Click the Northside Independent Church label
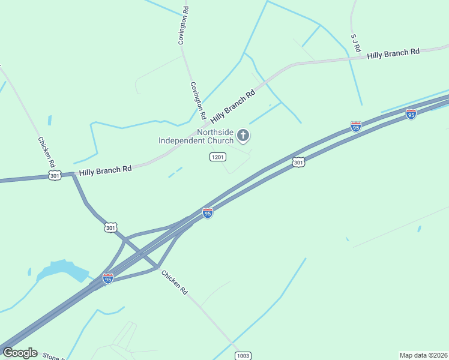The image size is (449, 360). (196, 136)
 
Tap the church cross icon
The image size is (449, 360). (243, 136)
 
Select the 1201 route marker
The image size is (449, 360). (217, 157)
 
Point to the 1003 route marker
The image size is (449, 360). (243, 355)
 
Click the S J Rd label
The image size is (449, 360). (356, 41)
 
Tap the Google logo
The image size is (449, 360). (20, 353)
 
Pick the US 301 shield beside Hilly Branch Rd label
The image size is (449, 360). (55, 175)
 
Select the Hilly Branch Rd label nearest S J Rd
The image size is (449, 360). (393, 53)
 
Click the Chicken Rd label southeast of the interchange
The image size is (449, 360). (174, 282)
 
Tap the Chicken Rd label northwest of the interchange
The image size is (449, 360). (47, 152)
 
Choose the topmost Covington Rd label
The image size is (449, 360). (183, 26)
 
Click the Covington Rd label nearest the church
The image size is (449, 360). (198, 100)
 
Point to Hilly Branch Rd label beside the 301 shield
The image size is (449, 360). (105, 170)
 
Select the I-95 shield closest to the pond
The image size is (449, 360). (108, 278)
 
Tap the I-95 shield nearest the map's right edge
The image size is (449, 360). (411, 113)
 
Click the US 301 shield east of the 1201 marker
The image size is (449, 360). (298, 162)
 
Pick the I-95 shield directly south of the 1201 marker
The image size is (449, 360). (207, 213)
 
